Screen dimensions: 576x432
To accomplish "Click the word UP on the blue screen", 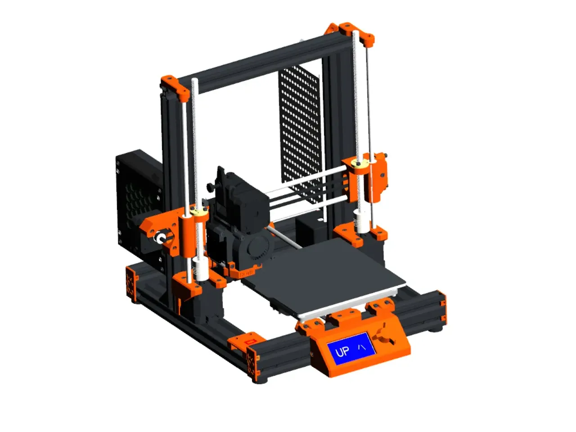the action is point(342,351).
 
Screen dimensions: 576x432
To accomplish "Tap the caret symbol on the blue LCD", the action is point(362,347).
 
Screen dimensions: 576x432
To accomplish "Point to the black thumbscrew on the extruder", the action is point(210,187).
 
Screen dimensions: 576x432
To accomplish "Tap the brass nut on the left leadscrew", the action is point(198,212).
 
